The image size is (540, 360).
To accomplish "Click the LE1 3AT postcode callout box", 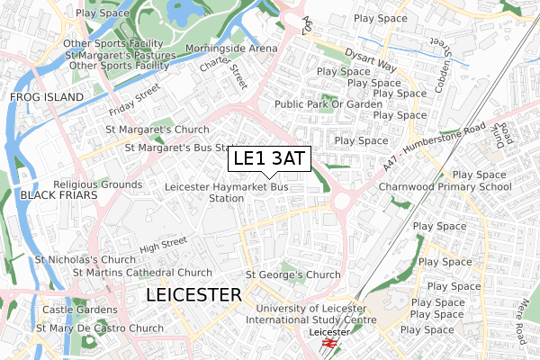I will tap(268, 158).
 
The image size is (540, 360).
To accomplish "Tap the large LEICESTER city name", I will tap(193, 295).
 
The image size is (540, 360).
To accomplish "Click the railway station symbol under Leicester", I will tap(328, 343).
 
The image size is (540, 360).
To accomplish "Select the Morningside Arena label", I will tap(231, 48).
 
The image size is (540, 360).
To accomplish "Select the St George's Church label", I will tap(292, 274).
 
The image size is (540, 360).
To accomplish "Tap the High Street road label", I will tap(163, 243).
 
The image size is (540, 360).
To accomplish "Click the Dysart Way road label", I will tap(374, 58).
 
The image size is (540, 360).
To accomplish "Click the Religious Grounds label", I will tap(99, 184).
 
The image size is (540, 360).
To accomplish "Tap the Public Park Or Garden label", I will tap(328, 103).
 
